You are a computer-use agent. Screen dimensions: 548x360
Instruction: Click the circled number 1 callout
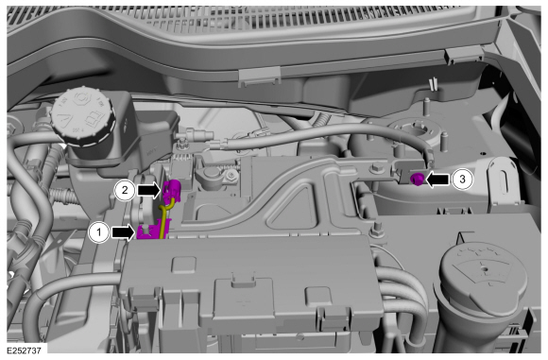(99, 232)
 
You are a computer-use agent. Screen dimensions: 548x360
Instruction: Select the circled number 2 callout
(125, 191)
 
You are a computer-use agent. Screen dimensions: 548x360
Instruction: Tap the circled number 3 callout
(462, 180)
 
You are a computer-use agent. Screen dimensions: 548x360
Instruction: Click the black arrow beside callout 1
(123, 232)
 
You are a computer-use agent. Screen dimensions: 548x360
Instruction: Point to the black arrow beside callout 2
(149, 191)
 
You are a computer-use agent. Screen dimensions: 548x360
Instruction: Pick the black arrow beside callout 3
(437, 180)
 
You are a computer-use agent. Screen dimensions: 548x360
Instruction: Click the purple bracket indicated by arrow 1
(153, 230)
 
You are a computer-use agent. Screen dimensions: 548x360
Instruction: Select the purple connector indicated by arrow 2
(171, 191)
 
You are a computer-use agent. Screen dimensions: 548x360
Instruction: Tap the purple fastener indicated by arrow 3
(417, 180)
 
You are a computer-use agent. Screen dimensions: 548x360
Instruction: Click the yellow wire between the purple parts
(163, 216)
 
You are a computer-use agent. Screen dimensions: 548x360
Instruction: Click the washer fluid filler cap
(485, 276)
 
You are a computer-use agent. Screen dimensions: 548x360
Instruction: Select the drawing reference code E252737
(24, 351)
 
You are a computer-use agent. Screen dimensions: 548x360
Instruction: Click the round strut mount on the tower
(418, 131)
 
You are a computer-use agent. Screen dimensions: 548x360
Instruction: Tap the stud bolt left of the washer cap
(376, 231)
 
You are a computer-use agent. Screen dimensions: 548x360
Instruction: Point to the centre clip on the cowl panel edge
(259, 77)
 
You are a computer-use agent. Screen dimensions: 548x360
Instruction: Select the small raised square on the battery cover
(184, 265)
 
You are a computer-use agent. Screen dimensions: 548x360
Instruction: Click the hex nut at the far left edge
(10, 126)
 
